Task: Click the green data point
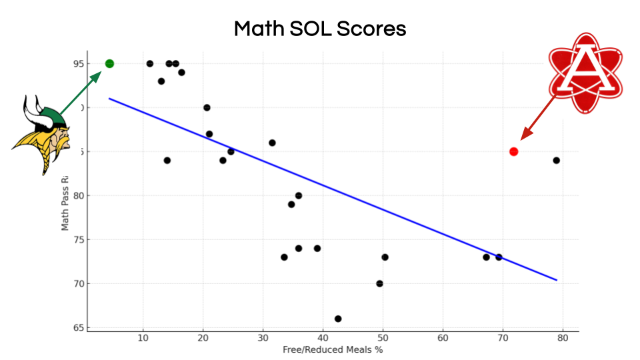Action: (109, 63)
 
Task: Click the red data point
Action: (513, 151)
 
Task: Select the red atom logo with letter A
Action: (585, 73)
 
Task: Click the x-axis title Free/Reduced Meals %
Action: (333, 349)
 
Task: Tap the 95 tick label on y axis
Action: (79, 64)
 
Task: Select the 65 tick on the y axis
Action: (79, 328)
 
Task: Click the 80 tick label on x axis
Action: (563, 338)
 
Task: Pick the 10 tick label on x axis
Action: (143, 338)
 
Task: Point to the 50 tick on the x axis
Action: (383, 338)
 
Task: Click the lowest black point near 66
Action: (338, 319)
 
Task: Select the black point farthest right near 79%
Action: (556, 160)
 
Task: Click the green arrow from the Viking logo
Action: (81, 93)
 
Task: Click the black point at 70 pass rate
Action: (379, 283)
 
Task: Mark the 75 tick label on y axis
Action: (79, 240)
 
